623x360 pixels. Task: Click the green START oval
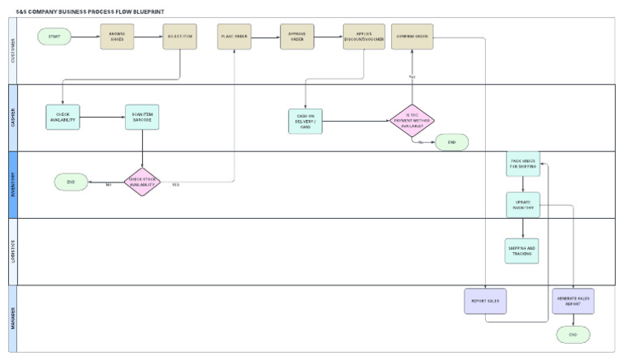pyautogui.click(x=54, y=36)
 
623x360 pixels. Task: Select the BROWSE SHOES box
pyautogui.click(x=117, y=36)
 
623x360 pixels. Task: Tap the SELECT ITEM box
pyautogui.click(x=179, y=36)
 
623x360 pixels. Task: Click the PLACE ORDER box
pyautogui.click(x=234, y=36)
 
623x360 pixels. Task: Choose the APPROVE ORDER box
pyautogui.click(x=297, y=36)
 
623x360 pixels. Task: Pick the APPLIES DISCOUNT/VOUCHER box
pyautogui.click(x=363, y=36)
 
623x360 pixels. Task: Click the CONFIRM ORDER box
pyautogui.click(x=412, y=36)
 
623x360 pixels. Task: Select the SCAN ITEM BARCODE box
pyautogui.click(x=142, y=117)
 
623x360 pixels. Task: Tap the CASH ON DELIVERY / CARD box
pyautogui.click(x=305, y=121)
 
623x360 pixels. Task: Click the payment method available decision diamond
pyautogui.click(x=412, y=120)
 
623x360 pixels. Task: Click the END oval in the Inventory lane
pyautogui.click(x=71, y=182)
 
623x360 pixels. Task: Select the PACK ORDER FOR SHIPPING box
pyautogui.click(x=522, y=163)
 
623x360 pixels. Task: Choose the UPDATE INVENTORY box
pyautogui.click(x=522, y=204)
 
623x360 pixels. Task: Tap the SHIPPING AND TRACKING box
pyautogui.click(x=522, y=251)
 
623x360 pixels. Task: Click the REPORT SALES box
pyautogui.click(x=484, y=301)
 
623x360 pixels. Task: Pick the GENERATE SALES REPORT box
pyautogui.click(x=573, y=301)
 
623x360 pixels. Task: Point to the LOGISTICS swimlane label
pyautogui.click(x=12, y=251)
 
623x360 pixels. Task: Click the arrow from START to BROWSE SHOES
pyautogui.click(x=85, y=36)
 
